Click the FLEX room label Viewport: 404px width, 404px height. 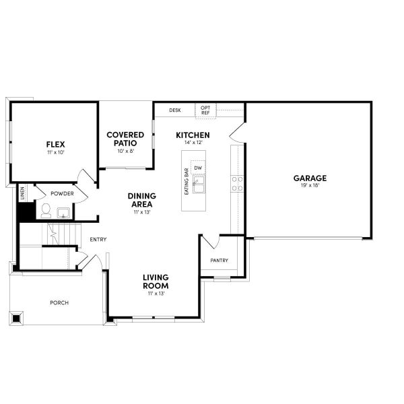point(55,144)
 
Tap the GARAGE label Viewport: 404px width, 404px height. point(310,178)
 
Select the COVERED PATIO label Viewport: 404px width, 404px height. point(126,139)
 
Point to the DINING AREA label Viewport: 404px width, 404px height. point(142,199)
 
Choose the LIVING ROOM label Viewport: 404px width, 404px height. point(156,281)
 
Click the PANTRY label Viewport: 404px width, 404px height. point(220,261)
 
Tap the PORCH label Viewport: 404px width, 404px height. point(59,302)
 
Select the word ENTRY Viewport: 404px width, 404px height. point(98,239)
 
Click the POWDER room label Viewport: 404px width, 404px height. point(62,193)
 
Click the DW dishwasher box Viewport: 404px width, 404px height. point(198,168)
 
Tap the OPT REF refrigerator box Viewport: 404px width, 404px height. point(205,110)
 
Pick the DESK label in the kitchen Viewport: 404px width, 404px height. point(175,110)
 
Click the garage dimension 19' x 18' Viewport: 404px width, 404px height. point(310,186)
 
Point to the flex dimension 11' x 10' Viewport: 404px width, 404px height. point(55,153)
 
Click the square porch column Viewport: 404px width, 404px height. point(16,317)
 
